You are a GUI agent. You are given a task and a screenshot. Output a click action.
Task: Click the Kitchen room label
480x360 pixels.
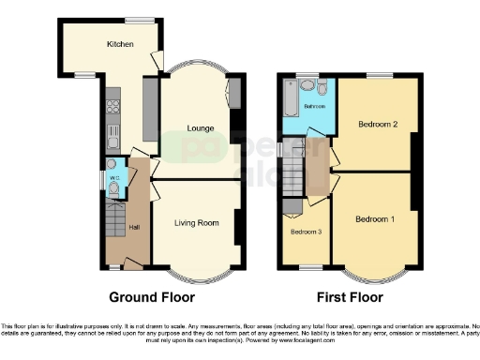119,44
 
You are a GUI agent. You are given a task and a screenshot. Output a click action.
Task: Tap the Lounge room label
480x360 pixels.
201,127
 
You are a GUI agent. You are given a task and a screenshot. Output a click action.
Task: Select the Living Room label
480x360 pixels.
197,222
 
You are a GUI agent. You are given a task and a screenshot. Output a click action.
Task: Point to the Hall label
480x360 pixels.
134,228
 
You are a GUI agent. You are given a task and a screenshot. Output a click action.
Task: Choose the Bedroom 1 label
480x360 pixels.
374,219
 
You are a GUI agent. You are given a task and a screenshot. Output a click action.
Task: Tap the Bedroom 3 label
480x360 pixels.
306,231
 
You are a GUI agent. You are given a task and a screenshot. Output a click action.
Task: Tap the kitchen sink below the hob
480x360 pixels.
112,133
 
